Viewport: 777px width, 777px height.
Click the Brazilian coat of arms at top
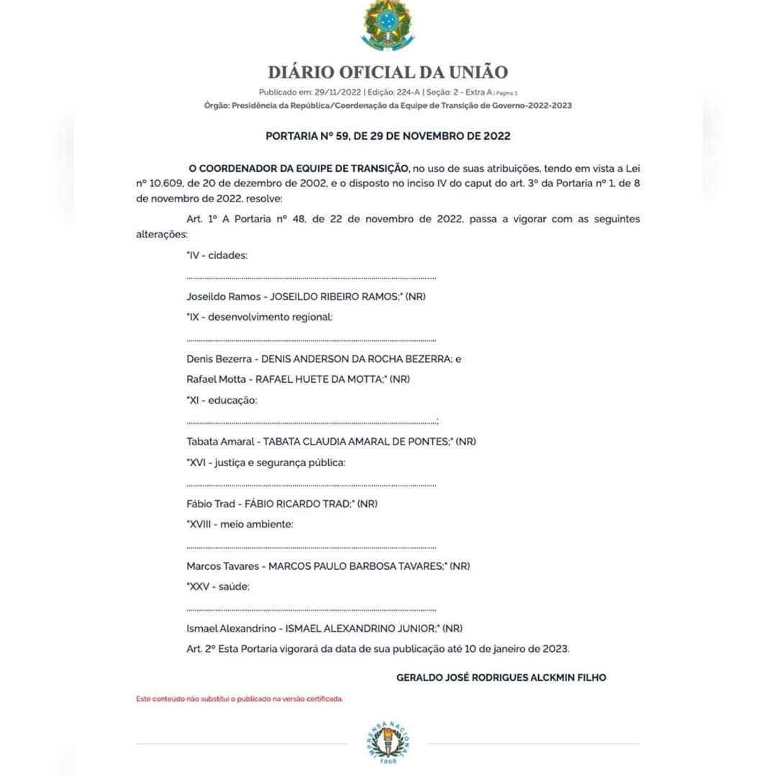pyautogui.click(x=388, y=25)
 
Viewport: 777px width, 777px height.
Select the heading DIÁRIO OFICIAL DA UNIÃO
pyautogui.click(x=388, y=72)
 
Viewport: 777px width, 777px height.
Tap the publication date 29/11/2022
pyautogui.click(x=333, y=92)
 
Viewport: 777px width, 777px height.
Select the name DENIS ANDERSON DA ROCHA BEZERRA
pyautogui.click(x=355, y=358)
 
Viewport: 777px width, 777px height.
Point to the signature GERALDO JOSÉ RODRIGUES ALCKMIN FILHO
pyautogui.click(x=501, y=677)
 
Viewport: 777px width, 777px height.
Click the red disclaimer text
pyautogui.click(x=240, y=699)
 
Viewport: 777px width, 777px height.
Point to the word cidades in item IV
pyautogui.click(x=227, y=255)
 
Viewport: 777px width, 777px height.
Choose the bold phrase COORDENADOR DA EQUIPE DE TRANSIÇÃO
pyautogui.click(x=304, y=168)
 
